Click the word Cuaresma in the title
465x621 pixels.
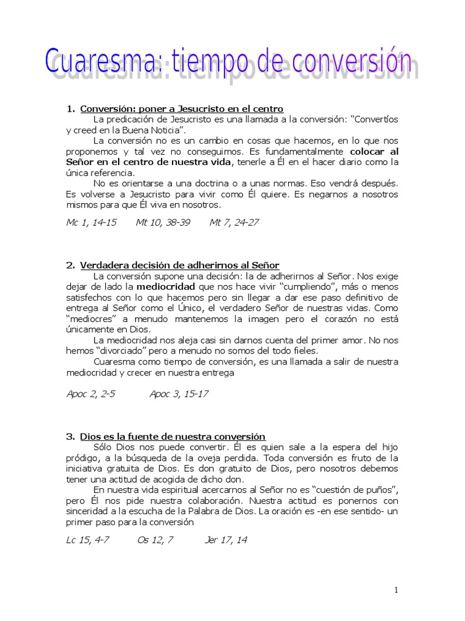(100, 63)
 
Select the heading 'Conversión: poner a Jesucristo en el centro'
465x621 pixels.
(182, 109)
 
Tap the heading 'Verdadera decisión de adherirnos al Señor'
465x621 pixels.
(179, 265)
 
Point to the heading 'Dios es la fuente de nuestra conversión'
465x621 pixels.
(173, 436)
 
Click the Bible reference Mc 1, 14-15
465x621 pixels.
(91, 222)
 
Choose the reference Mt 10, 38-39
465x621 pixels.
(163, 222)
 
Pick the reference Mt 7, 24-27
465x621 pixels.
(234, 222)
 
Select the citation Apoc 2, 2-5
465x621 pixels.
(90, 394)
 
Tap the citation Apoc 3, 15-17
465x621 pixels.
(179, 394)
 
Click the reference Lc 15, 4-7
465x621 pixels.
(87, 540)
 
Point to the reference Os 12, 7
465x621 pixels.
(155, 540)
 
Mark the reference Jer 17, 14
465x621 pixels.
(226, 540)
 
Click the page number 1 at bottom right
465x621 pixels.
(395, 591)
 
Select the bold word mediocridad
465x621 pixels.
(165, 286)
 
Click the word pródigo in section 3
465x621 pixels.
(82, 458)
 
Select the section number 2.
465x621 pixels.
(70, 265)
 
